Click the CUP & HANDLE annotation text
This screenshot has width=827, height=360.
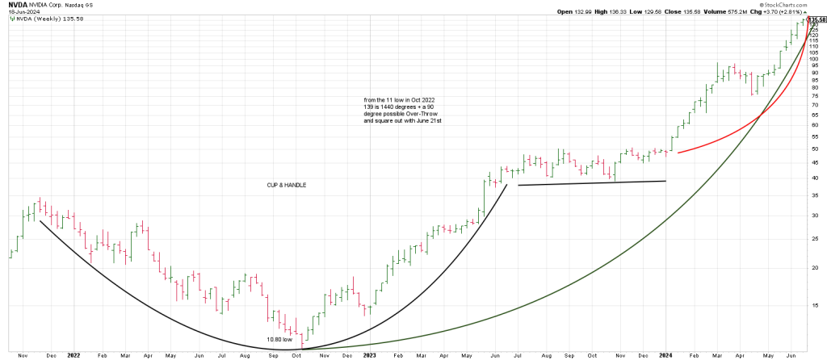(287, 185)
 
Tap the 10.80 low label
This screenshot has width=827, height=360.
(279, 340)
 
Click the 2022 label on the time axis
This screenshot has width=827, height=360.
(73, 355)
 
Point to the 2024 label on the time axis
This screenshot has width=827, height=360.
(666, 355)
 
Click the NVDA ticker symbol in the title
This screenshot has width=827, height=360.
(18, 4)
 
